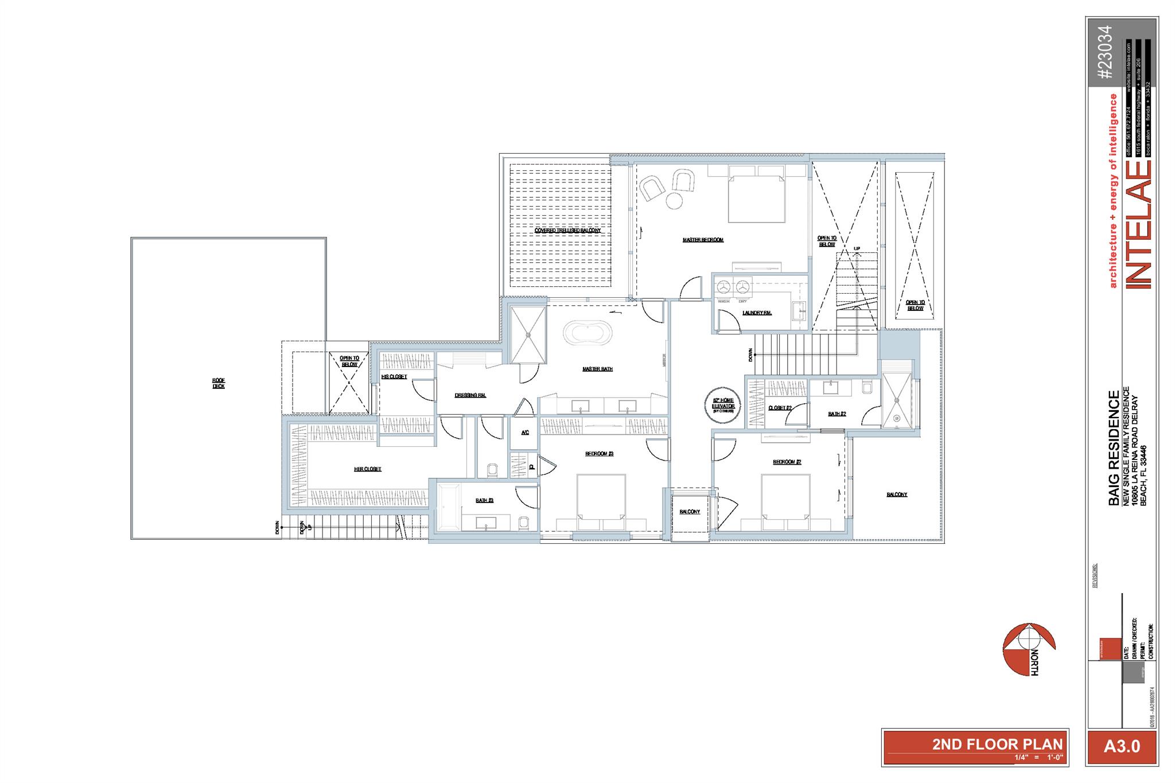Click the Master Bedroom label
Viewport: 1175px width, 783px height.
coord(703,240)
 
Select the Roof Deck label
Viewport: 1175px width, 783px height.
coord(219,383)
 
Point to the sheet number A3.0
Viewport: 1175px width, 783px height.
coord(1122,746)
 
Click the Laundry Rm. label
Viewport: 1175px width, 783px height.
coord(757,313)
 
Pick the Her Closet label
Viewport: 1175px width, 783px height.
coord(368,469)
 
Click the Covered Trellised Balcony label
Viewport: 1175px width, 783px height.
coord(567,231)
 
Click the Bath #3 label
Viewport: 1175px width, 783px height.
coord(485,501)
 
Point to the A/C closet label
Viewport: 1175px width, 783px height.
coord(525,433)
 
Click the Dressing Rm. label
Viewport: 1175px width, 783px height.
coord(470,395)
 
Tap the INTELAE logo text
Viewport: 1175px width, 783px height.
coord(1137,224)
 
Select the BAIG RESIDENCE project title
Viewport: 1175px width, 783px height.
coord(1114,448)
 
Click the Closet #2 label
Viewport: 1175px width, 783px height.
coord(780,408)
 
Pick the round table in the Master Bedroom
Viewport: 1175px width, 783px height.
coord(674,201)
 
